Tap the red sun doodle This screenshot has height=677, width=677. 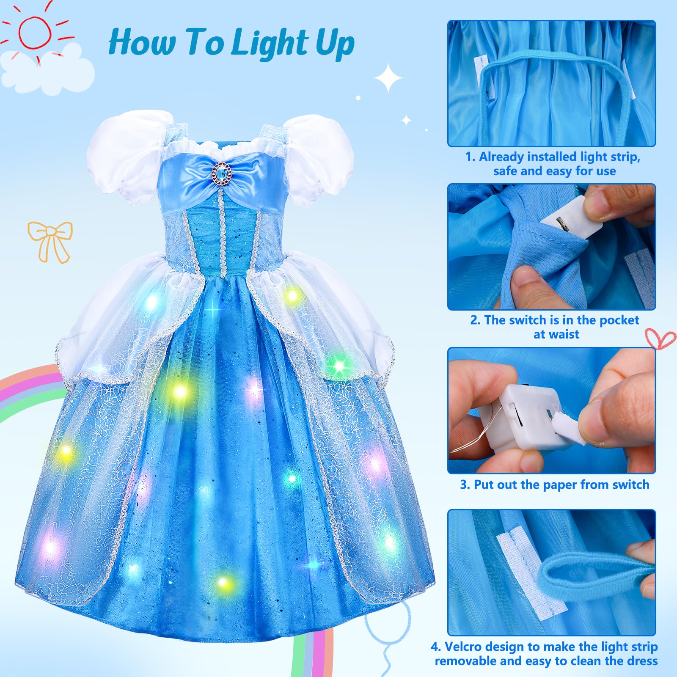click(x=36, y=32)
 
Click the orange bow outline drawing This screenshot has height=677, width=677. click(x=50, y=242)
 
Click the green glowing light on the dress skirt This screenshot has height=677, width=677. click(x=338, y=364)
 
